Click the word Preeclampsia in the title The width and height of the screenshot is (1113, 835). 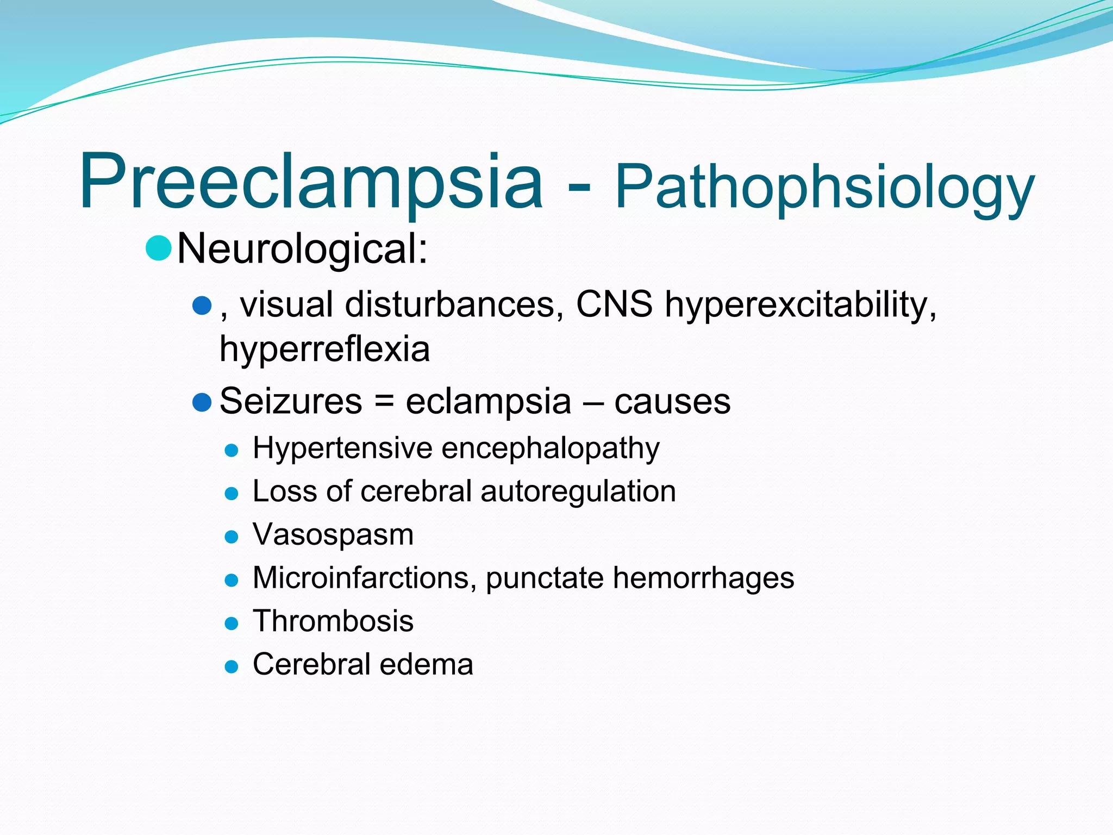[x=311, y=182]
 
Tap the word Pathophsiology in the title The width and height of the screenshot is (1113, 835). [x=824, y=188]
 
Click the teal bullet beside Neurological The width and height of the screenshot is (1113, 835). [x=159, y=248]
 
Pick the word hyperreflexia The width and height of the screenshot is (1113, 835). [x=324, y=349]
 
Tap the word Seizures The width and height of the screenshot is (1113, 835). [x=291, y=401]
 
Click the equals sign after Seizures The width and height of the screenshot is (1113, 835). [x=384, y=402]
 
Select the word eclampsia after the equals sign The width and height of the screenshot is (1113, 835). [x=488, y=402]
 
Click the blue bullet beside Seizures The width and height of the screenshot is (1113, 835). [x=202, y=402]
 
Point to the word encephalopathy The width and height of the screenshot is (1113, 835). [x=551, y=449]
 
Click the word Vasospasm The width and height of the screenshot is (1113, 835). [x=333, y=534]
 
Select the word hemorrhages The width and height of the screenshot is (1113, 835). [x=703, y=577]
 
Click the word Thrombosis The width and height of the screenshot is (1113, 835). [x=333, y=621]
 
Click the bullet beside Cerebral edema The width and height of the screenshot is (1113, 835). [x=232, y=666]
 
